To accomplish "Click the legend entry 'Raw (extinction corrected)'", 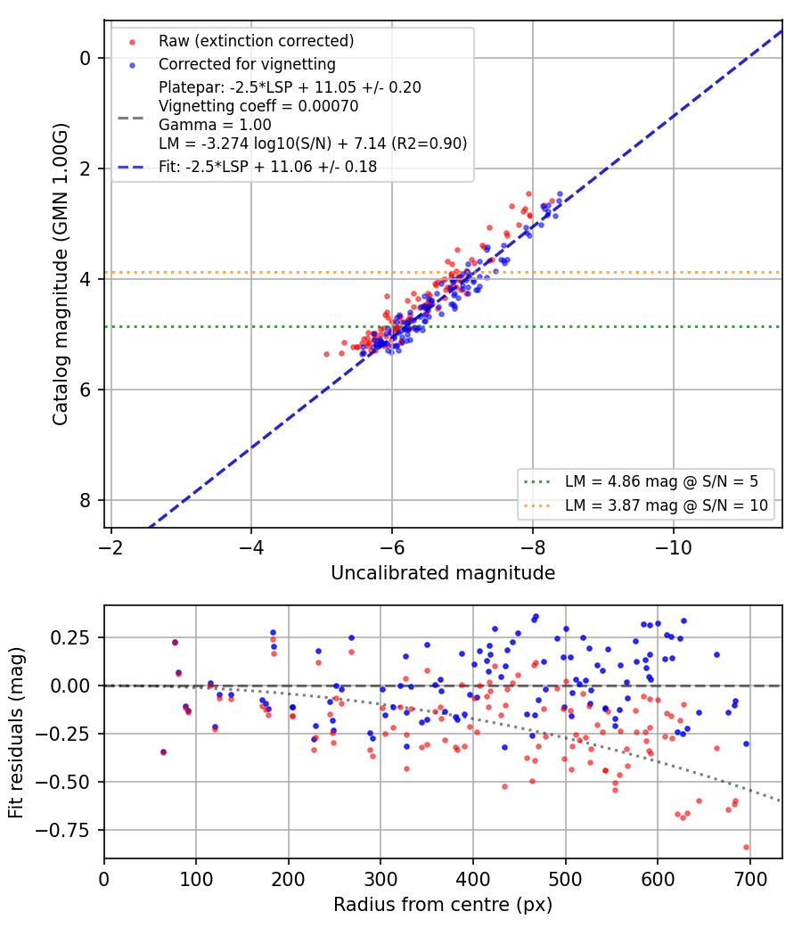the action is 256,41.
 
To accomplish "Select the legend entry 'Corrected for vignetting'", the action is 247,64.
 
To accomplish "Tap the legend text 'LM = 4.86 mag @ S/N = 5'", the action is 661,481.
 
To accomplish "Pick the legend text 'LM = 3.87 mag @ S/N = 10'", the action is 666,505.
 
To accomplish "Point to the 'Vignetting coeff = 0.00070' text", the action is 258,106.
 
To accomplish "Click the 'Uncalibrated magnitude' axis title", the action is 443,573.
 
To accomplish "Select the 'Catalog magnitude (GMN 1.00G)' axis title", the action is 61,275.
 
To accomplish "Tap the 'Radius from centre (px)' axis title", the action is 443,905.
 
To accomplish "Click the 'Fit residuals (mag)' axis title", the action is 16,733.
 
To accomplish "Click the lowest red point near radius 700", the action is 746,847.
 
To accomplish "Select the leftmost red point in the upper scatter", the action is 326,354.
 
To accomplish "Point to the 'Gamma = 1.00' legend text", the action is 215,126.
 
